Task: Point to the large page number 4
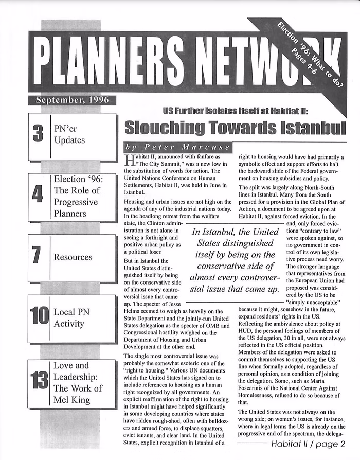37,196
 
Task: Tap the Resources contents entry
73,257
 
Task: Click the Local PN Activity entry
69,317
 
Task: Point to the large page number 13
39,382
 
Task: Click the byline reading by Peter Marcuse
178,148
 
